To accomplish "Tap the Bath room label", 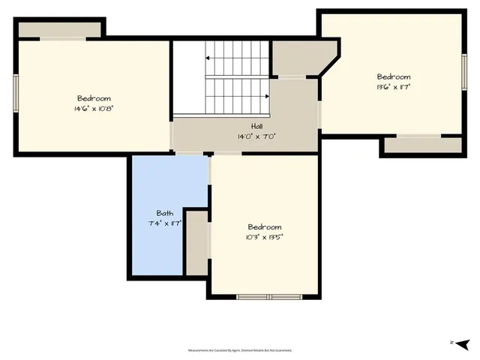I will pyautogui.click(x=164, y=213).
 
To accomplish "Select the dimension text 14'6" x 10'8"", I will pyautogui.click(x=94, y=108).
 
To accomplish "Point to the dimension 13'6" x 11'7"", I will pyautogui.click(x=393, y=86).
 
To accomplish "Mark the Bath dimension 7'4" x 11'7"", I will pyautogui.click(x=164, y=223).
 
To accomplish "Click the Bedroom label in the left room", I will pyautogui.click(x=94, y=98).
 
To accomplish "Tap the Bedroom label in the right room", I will pyautogui.click(x=393, y=76).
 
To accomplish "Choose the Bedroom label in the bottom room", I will pyautogui.click(x=265, y=226).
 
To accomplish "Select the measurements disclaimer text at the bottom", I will pyautogui.click(x=239, y=350).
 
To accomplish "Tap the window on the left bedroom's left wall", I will pyautogui.click(x=16, y=94).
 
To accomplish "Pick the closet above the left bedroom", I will pyautogui.click(x=59, y=28).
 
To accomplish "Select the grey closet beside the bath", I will pyautogui.click(x=196, y=242).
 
